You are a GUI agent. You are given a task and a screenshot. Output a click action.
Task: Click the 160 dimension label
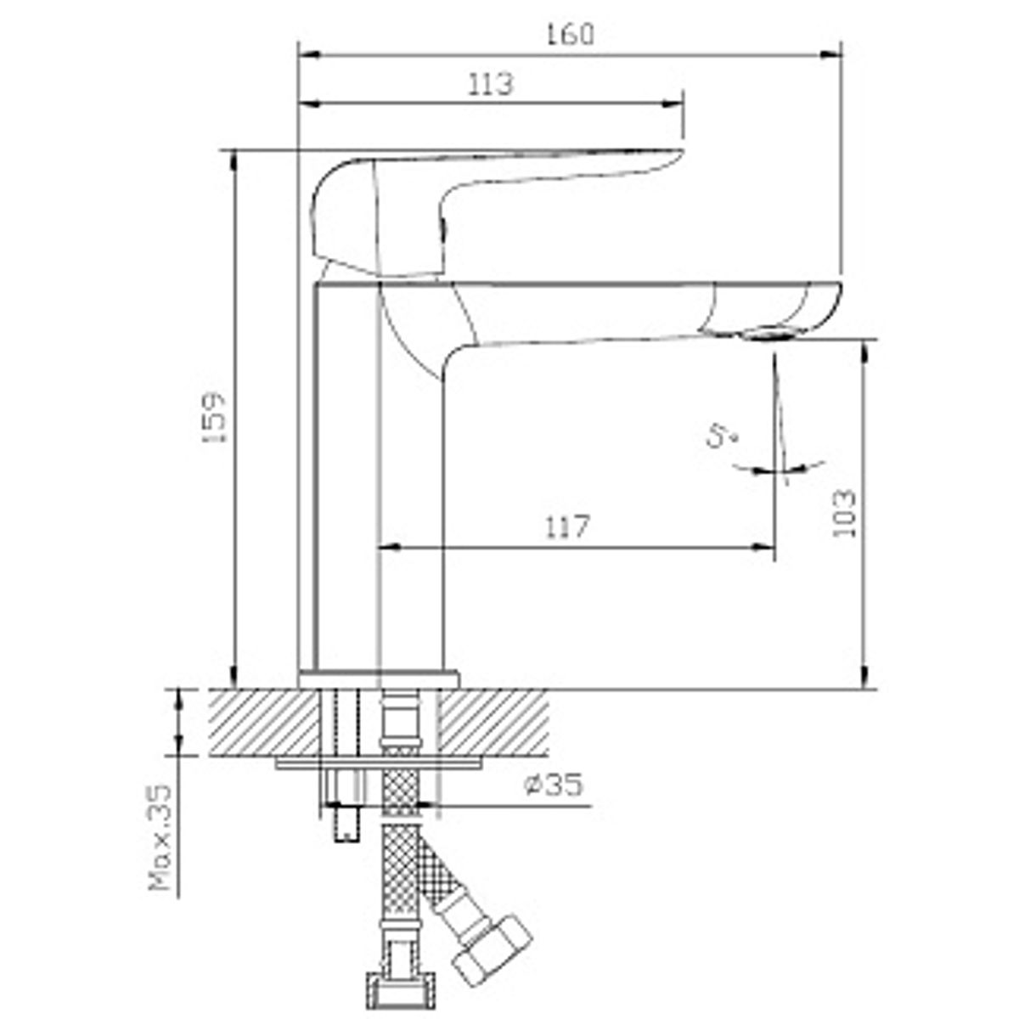pos(569,35)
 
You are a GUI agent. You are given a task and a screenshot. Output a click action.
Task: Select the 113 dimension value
pos(491,84)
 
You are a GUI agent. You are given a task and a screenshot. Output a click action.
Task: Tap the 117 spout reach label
pos(567,526)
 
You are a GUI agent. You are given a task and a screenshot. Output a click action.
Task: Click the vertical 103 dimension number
pos(843,514)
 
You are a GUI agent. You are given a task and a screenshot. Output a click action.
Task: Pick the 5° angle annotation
pos(723,436)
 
